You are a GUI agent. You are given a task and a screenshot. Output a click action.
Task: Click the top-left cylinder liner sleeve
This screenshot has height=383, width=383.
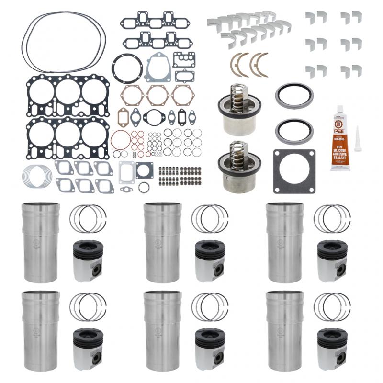pos(41,242)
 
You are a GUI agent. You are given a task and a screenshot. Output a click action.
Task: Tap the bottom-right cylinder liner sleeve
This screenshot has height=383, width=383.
pos(285,330)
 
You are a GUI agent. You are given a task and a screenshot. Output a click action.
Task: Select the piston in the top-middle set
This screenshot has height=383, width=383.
pos(210,260)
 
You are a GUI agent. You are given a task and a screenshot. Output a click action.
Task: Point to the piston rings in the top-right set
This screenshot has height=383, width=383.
pos(332,219)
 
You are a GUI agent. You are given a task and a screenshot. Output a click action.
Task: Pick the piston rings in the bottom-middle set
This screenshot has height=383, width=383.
pos(210,306)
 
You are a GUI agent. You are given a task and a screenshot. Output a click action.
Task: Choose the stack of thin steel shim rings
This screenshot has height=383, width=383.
pos(36,176)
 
